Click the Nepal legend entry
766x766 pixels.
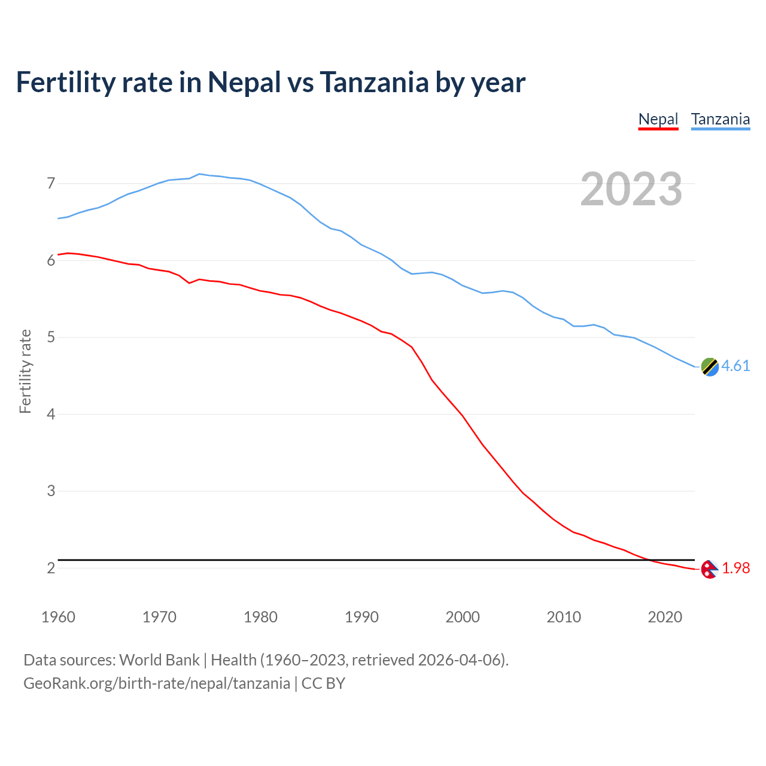658,119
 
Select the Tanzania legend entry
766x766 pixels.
720,119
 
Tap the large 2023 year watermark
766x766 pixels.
631,189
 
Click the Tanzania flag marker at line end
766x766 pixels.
709,367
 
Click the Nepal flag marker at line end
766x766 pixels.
709,569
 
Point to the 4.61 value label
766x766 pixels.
735,366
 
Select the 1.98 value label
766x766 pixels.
735,569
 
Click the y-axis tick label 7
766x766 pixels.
51,183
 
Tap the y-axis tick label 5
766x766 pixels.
51,338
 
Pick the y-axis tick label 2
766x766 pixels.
51,568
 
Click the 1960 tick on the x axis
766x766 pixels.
58,617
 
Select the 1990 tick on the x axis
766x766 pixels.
361,617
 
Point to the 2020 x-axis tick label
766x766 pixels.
664,617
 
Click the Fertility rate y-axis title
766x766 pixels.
25,371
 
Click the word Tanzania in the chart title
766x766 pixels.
374,83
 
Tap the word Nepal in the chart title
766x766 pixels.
244,83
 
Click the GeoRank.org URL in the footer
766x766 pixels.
156,683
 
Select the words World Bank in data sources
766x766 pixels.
159,660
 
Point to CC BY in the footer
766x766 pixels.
323,683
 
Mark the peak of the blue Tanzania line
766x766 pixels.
199,174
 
